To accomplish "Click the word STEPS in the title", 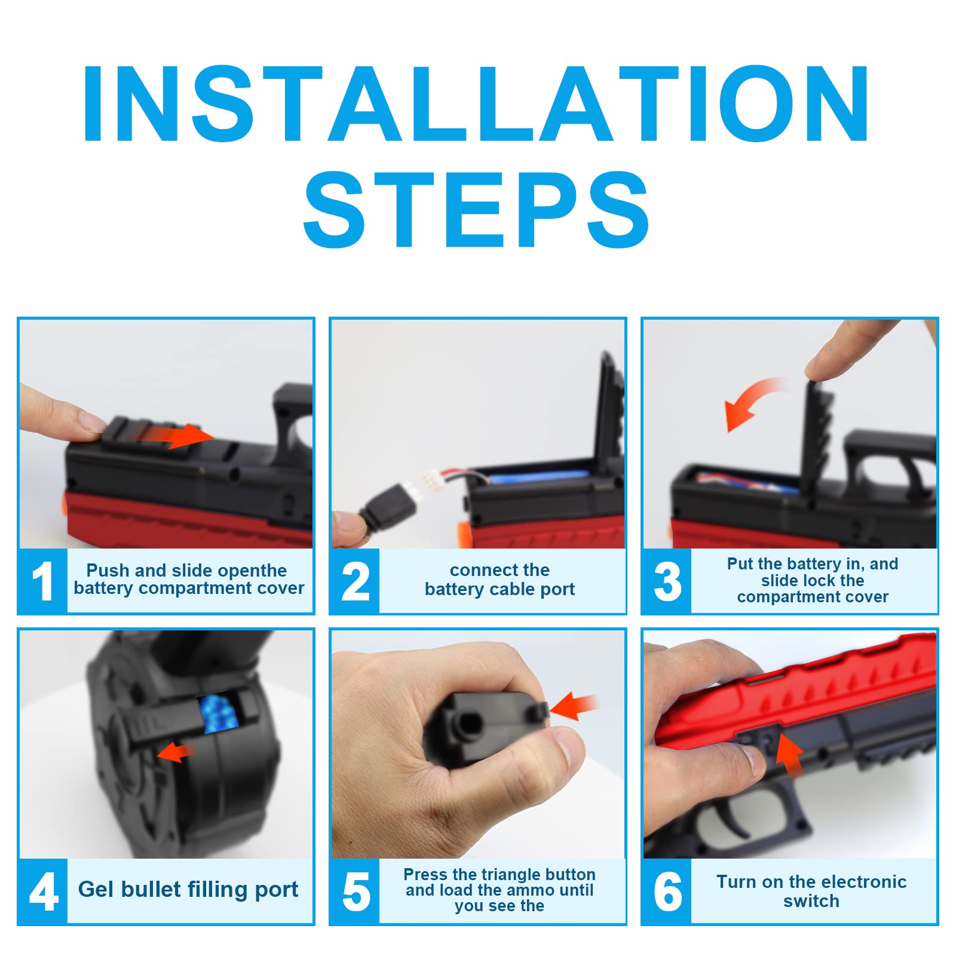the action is [476, 209].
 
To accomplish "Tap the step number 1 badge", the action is [43, 581].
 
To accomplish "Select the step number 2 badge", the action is [355, 581].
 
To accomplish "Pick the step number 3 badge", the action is [667, 581].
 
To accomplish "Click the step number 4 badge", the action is [43, 891].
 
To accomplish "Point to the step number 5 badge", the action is [355, 891].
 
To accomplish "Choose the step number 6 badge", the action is [667, 891].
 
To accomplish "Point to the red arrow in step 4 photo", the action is [176, 751].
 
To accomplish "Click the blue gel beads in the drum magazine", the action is [220, 713].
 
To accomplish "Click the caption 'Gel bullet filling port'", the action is [188, 889].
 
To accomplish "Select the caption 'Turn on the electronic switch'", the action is [811, 891].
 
